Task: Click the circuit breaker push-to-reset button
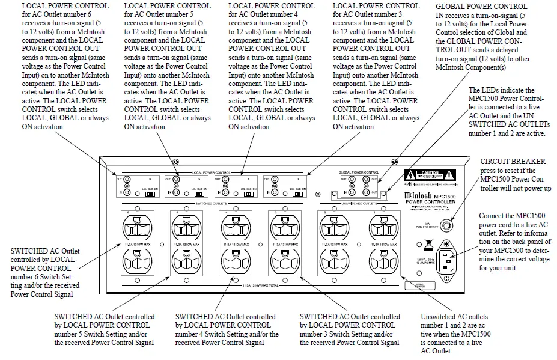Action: click(446, 226)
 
